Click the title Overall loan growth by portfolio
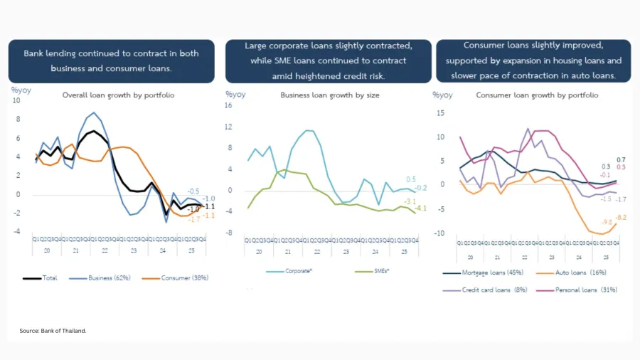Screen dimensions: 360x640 [118, 95]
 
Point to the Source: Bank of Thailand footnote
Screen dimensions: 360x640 [53, 330]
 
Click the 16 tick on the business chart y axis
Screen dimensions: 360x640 [229, 105]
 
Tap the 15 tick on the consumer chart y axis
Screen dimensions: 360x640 [441, 112]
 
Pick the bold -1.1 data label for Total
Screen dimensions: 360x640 [209, 206]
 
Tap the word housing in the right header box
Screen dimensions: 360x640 [566, 60]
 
